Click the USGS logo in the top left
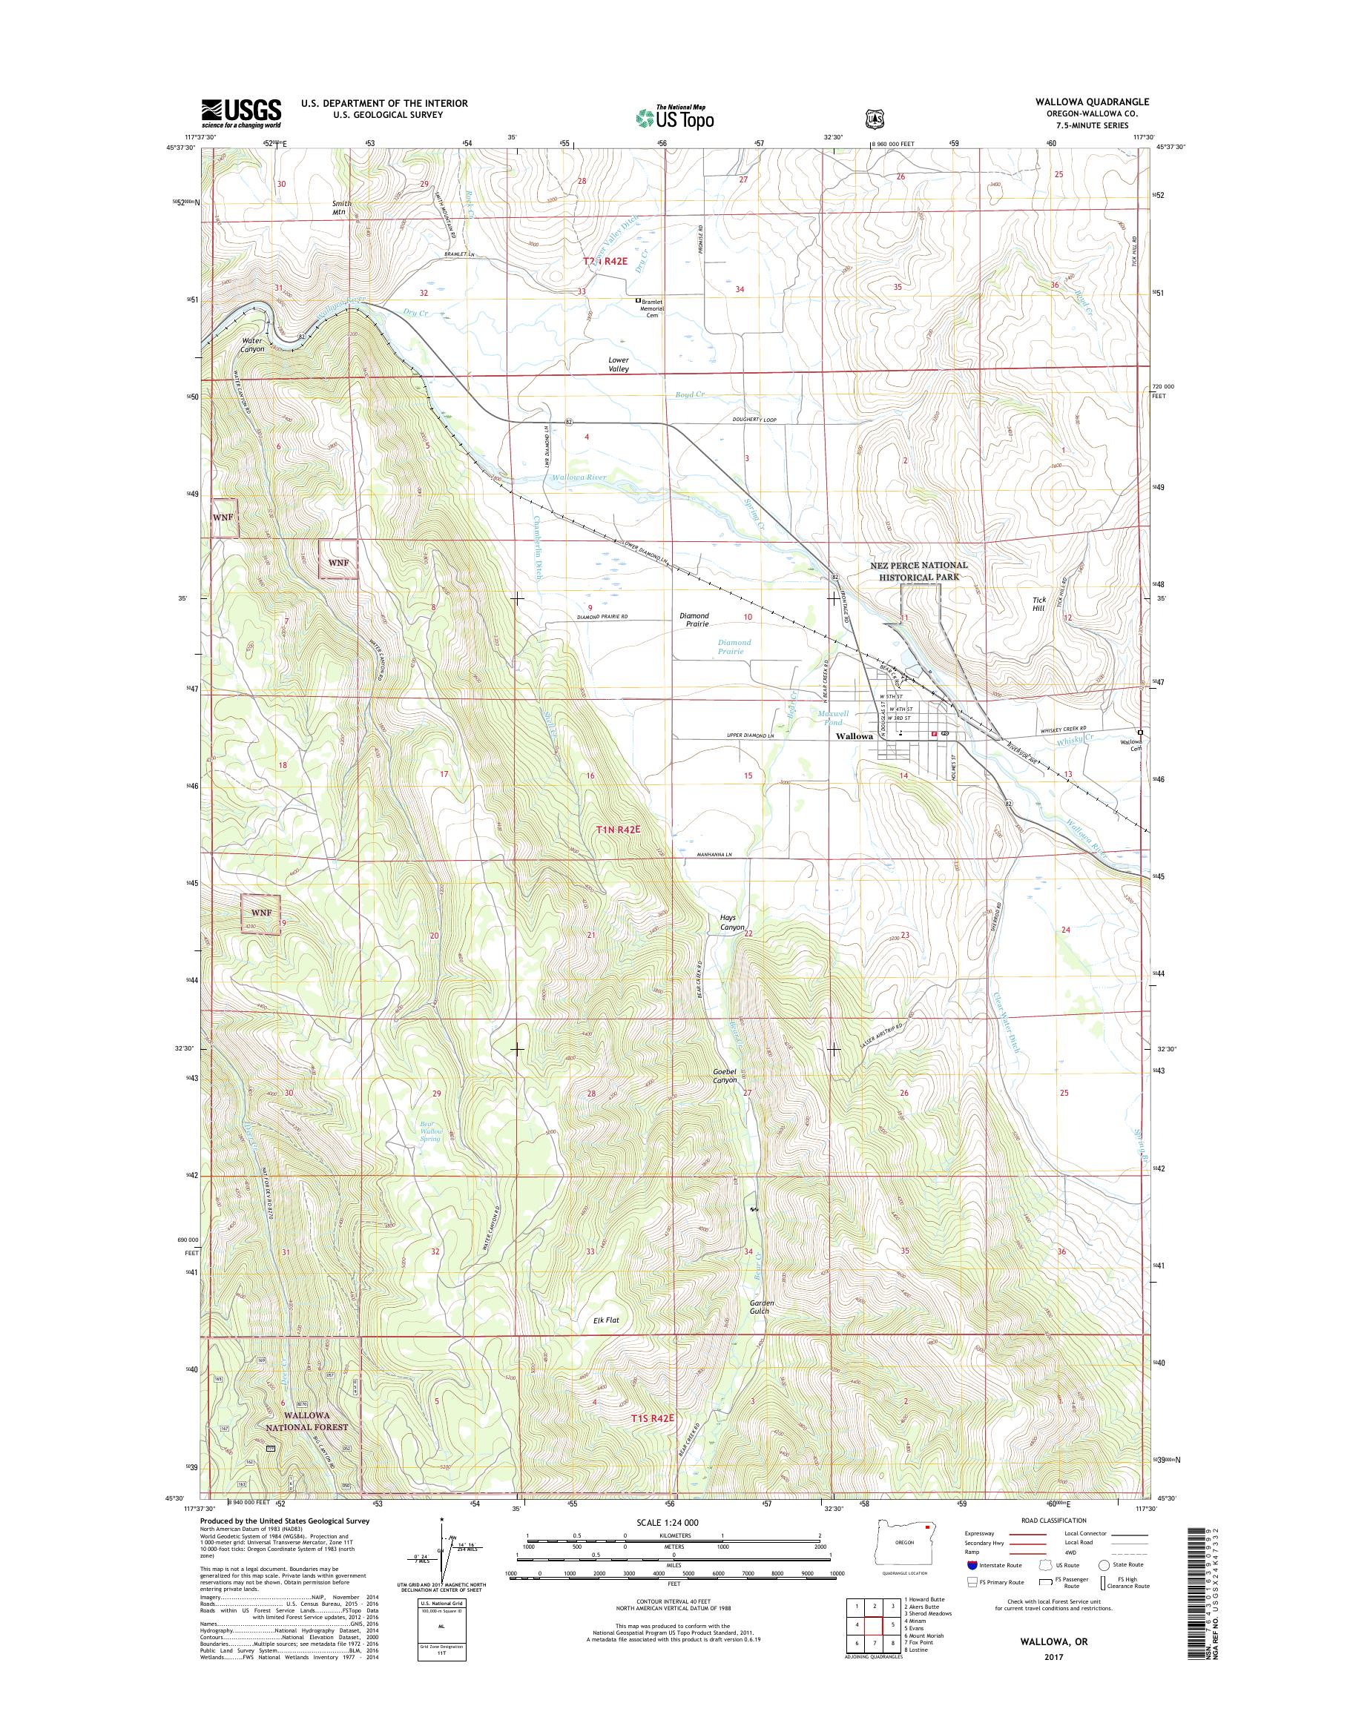240,113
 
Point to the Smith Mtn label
341,208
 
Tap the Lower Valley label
619,364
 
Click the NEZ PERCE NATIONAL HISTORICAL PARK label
918,571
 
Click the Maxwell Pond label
829,718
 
